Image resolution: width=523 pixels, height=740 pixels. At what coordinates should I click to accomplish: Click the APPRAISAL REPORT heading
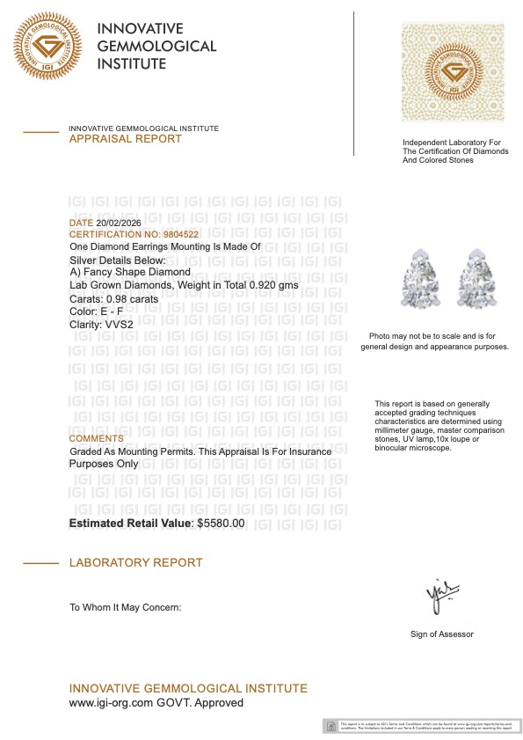pos(125,139)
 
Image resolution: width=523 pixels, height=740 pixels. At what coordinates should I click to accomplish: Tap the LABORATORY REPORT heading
pos(135,562)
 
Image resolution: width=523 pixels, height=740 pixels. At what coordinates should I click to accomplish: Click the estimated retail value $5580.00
pos(221,524)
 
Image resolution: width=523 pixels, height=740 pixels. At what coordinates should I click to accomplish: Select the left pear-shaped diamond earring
pos(418,275)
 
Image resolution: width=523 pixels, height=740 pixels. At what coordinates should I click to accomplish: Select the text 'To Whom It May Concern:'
pos(125,607)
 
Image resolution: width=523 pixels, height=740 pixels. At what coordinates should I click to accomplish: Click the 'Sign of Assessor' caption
pos(441,634)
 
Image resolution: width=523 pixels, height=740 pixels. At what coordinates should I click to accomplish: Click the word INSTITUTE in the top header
pos(131,63)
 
